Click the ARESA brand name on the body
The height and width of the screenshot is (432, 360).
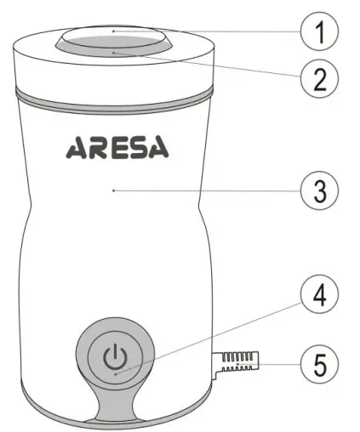(x=117, y=150)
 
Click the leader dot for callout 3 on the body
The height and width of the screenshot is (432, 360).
(x=113, y=191)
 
